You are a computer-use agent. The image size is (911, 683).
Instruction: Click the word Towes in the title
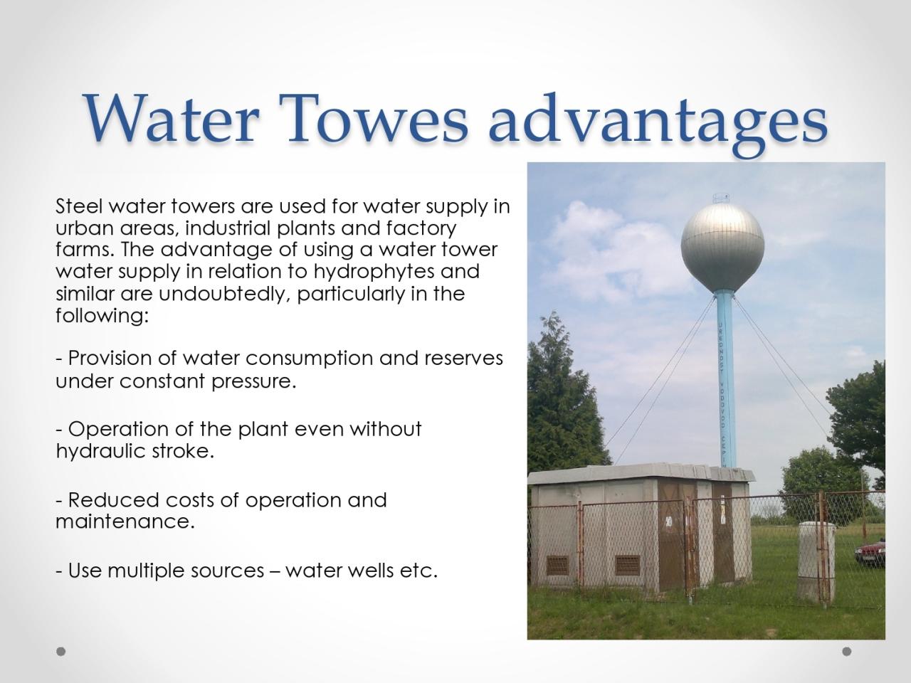tap(374, 118)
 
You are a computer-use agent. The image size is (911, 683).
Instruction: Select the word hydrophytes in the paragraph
tap(374, 272)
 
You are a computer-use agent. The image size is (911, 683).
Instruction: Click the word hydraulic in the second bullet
tap(101, 451)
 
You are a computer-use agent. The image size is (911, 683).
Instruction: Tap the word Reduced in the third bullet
tap(114, 499)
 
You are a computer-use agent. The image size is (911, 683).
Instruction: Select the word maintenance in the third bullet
tap(125, 521)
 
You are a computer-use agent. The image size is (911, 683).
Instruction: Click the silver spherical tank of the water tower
tap(722, 247)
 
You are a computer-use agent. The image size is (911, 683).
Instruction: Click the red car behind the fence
tap(870, 552)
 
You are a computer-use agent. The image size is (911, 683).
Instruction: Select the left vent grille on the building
tap(557, 566)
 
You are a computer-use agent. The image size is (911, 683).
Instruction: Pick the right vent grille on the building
tap(628, 565)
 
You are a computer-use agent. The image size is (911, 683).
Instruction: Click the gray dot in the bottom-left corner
tap(61, 652)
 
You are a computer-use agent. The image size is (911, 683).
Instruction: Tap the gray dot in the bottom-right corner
tap(847, 652)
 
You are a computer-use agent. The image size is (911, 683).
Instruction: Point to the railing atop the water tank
tap(722, 198)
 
